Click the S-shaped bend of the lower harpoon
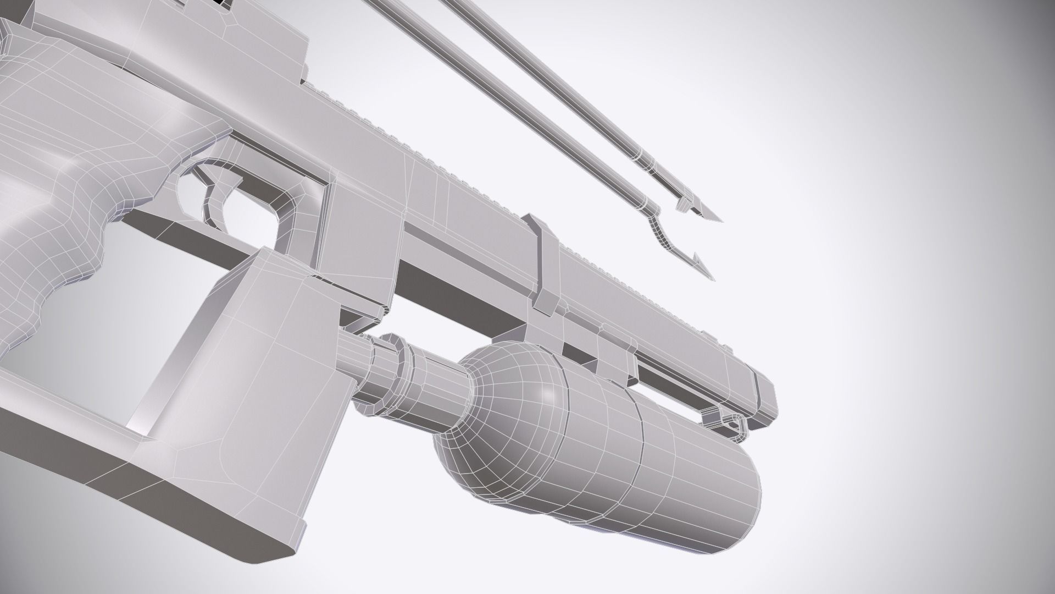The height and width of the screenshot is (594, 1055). pyautogui.click(x=657, y=231)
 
